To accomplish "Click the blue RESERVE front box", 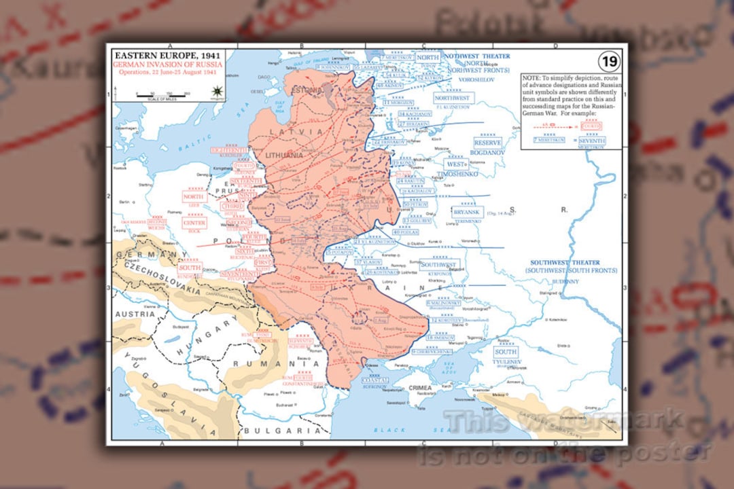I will (487, 143).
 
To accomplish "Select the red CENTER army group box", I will (194, 223).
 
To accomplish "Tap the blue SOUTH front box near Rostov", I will (505, 352).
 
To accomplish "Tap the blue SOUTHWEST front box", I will (439, 264).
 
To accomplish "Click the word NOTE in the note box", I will (532, 78).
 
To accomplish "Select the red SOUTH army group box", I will (190, 268).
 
